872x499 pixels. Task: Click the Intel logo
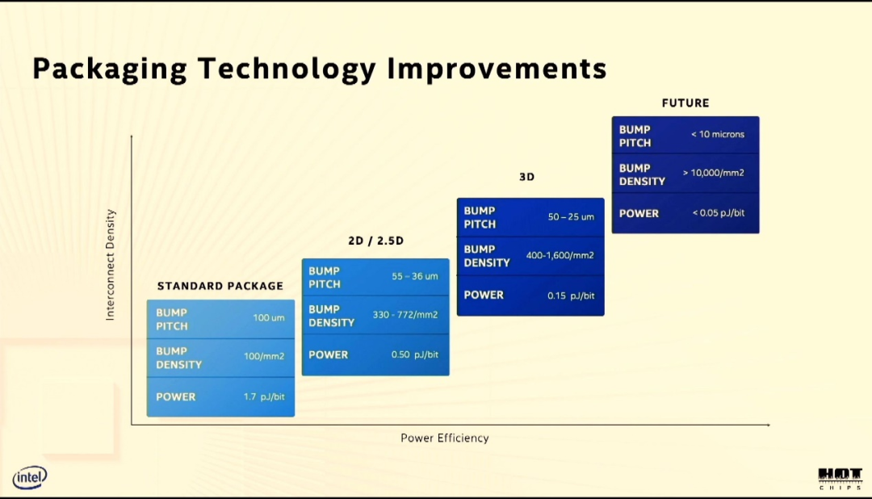pyautogui.click(x=30, y=477)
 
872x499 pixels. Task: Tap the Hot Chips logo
pyautogui.click(x=840, y=479)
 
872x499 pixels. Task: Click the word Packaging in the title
pyautogui.click(x=110, y=69)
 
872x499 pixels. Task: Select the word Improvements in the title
pyautogui.click(x=497, y=69)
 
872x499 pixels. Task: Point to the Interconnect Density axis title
pyautogui.click(x=110, y=265)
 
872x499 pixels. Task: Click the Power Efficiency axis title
pyautogui.click(x=445, y=438)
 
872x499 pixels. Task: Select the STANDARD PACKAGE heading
pyautogui.click(x=220, y=286)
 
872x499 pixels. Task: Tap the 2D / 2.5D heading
pyautogui.click(x=376, y=241)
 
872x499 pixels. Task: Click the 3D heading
pyautogui.click(x=526, y=177)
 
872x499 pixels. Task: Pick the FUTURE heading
pyautogui.click(x=685, y=103)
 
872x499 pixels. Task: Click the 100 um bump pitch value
pyautogui.click(x=269, y=317)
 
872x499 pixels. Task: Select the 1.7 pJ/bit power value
pyautogui.click(x=263, y=396)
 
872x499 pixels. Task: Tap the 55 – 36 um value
pyautogui.click(x=415, y=276)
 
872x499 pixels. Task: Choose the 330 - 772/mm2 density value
pyautogui.click(x=405, y=315)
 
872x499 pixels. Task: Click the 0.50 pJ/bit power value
pyautogui.click(x=414, y=354)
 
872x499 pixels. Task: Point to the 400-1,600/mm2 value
pyautogui.click(x=560, y=255)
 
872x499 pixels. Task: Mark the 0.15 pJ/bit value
pyautogui.click(x=571, y=296)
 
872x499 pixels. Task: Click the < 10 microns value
pyautogui.click(x=718, y=134)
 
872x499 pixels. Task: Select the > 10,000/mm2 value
pyautogui.click(x=714, y=173)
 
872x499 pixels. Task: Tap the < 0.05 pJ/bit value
pyautogui.click(x=719, y=212)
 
